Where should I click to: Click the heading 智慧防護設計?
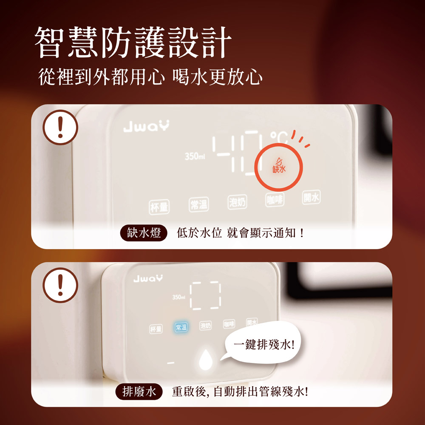[133, 42]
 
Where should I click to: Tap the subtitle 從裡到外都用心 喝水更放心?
[150, 77]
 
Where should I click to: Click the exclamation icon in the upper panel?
[60, 127]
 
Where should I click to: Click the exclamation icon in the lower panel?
[60, 285]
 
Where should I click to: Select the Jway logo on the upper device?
[146, 126]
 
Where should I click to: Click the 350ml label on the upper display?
[195, 156]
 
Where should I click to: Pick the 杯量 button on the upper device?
[159, 207]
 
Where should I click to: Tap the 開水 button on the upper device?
[311, 197]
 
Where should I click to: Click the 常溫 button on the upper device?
[198, 204]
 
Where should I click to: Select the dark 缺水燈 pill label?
[144, 233]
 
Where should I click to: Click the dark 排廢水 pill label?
[139, 392]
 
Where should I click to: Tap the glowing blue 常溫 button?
[181, 327]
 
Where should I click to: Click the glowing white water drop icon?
[206, 360]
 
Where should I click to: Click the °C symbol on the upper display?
[279, 138]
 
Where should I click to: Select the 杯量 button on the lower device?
[156, 329]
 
